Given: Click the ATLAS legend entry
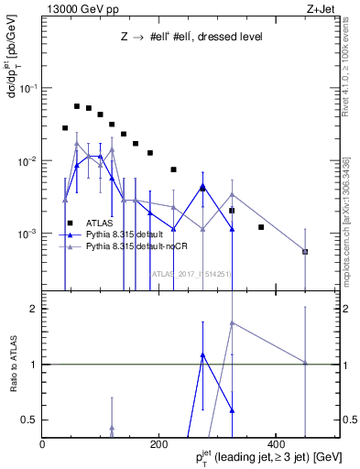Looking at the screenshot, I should click(x=99, y=223).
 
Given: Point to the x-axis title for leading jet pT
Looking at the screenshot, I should click(x=256, y=456).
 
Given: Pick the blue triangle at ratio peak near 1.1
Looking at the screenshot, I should click(x=202, y=354).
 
